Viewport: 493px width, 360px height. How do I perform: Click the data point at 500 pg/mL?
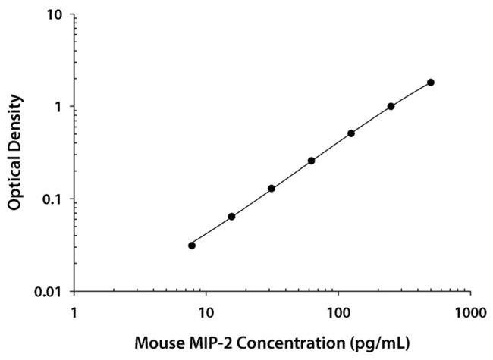(431, 82)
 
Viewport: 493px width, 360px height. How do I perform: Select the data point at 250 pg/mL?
(391, 106)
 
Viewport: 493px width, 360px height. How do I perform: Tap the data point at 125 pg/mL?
(351, 133)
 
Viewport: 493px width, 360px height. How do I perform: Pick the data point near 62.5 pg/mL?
(311, 161)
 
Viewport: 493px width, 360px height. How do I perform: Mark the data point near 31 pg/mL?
(272, 188)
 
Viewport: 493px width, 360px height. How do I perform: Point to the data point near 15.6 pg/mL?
(231, 217)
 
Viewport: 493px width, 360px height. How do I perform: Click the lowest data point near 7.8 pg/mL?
(192, 245)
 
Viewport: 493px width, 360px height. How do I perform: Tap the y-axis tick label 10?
(55, 15)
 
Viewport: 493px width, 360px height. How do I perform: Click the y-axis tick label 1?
(59, 107)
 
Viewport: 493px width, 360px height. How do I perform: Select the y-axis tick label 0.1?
(53, 199)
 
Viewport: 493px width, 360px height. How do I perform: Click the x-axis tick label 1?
(74, 311)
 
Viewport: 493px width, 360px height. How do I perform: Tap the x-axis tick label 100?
(338, 311)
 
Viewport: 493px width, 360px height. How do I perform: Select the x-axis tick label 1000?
(469, 311)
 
